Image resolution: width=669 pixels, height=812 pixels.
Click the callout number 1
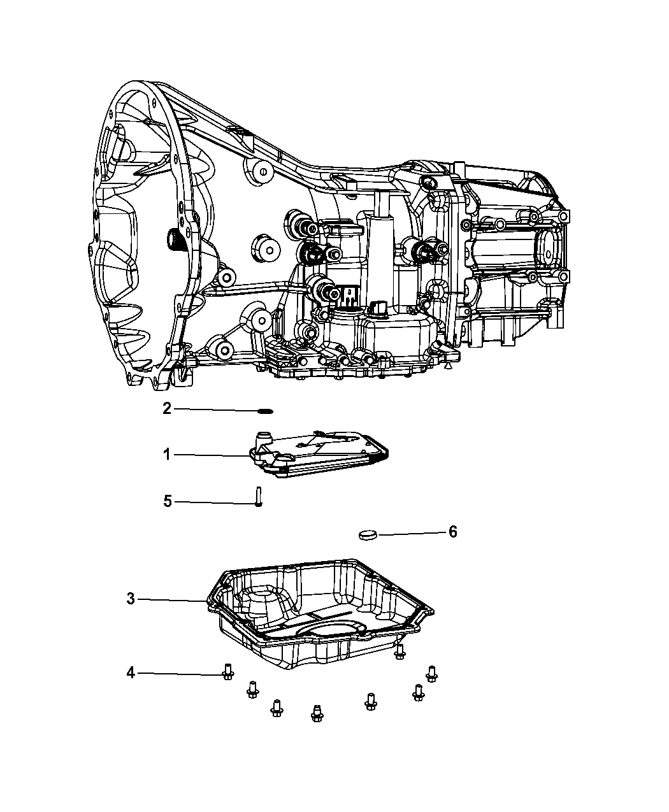point(166,455)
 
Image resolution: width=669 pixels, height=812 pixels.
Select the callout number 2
point(166,408)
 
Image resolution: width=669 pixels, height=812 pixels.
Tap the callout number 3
point(131,599)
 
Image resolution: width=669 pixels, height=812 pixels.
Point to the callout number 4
point(131,673)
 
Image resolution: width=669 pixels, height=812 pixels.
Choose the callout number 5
point(168,502)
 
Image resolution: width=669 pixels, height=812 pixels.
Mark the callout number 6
point(452,532)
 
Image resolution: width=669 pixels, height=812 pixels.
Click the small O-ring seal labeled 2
point(266,411)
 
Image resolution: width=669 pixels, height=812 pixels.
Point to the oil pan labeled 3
point(319,611)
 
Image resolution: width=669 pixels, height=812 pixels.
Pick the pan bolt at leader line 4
point(227,672)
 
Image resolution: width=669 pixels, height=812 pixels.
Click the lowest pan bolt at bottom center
point(316,713)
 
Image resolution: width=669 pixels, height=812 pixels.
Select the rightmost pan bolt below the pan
point(432,673)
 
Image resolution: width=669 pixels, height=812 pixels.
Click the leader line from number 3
point(172,600)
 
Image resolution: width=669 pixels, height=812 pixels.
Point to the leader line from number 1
point(210,455)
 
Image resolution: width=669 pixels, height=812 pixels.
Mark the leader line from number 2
point(217,410)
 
